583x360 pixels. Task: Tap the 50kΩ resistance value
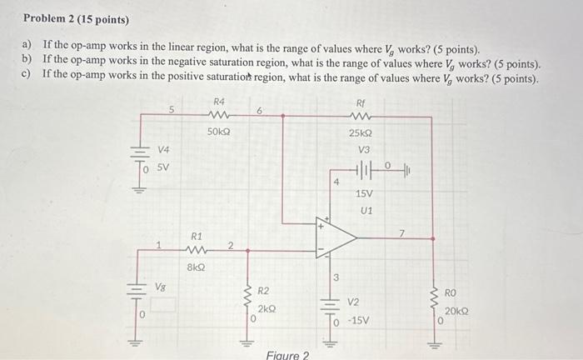click(x=219, y=132)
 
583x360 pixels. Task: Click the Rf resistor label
click(x=361, y=102)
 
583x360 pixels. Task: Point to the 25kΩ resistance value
click(x=361, y=132)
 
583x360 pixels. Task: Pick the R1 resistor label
click(x=197, y=236)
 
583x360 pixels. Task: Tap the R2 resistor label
click(x=262, y=291)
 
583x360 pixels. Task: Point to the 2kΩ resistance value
click(x=266, y=308)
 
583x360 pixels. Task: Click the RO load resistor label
click(x=451, y=293)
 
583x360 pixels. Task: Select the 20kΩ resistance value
click(x=456, y=311)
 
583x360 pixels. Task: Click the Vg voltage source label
click(x=161, y=286)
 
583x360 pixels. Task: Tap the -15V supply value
click(x=358, y=320)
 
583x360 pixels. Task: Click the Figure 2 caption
click(x=287, y=355)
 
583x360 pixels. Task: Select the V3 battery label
click(x=364, y=149)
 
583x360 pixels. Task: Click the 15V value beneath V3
click(x=365, y=193)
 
